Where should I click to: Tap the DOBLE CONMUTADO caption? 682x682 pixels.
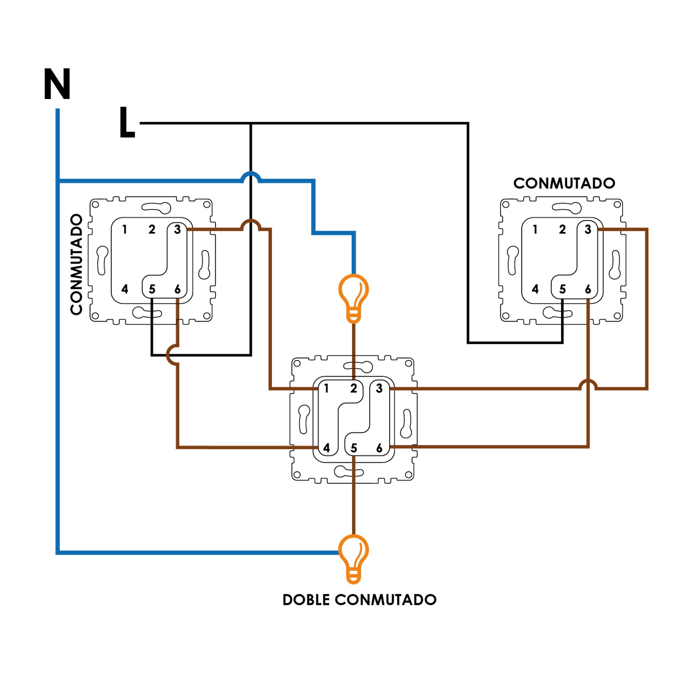tap(359, 599)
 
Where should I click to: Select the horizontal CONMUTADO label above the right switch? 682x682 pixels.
tap(564, 183)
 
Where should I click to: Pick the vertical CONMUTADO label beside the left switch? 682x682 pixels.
tap(76, 264)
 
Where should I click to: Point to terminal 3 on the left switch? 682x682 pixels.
tap(177, 229)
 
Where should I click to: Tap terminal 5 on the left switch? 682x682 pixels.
tap(152, 289)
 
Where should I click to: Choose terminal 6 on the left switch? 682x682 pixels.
tap(177, 289)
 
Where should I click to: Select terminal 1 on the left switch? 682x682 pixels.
tap(124, 229)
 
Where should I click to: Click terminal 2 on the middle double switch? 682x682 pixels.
tap(353, 388)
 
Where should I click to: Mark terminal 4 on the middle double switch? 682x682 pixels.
tap(327, 448)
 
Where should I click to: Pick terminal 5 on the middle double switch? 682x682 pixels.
tap(353, 448)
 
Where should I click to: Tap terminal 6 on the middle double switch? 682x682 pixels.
tap(379, 448)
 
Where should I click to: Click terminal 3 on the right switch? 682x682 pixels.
tap(588, 229)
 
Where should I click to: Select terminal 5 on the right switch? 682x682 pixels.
tap(562, 289)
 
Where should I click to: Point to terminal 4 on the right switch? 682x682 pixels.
tap(535, 289)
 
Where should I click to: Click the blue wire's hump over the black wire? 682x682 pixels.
tap(251, 176)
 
